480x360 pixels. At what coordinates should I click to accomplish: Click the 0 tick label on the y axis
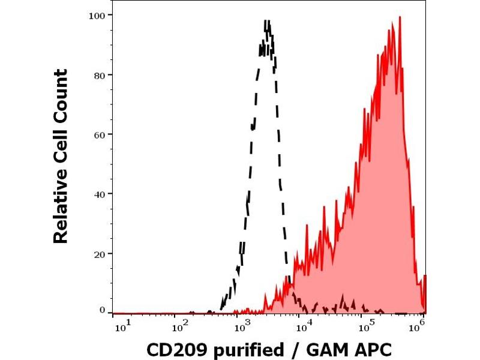click(101, 310)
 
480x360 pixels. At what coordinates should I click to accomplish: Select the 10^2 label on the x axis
click(179, 326)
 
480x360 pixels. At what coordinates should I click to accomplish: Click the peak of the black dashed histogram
click(268, 22)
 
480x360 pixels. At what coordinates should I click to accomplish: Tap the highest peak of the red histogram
click(400, 17)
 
